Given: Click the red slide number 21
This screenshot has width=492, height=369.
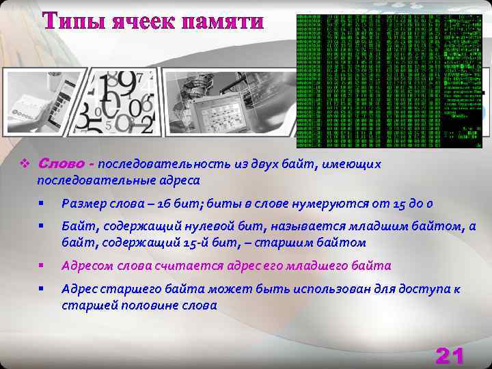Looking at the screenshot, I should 450,355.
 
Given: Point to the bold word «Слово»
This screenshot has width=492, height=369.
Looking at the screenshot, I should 66,164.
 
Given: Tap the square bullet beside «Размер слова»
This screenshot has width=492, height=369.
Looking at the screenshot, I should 42,204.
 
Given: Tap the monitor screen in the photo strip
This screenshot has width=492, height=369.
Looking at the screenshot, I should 213,109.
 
